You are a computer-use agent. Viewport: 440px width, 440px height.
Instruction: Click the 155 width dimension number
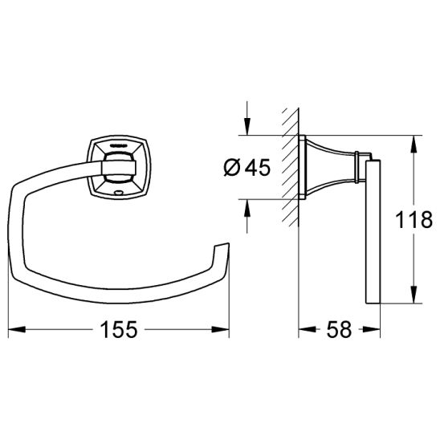point(119,329)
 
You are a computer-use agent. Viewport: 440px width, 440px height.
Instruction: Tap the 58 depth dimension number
point(339,329)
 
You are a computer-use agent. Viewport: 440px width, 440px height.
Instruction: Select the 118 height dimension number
point(414,220)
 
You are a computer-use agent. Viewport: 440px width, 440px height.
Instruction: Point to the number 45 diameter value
point(258,167)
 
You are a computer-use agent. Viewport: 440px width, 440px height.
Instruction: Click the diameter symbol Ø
point(232,168)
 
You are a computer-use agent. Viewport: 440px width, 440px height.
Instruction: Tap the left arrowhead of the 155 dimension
point(17,329)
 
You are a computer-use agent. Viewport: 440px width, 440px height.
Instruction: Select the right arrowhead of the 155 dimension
point(221,329)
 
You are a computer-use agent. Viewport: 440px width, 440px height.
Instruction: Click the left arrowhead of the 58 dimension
point(307,329)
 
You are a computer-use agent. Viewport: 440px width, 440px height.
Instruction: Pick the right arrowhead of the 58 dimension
point(372,329)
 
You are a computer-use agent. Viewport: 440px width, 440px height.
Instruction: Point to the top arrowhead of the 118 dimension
point(414,145)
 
